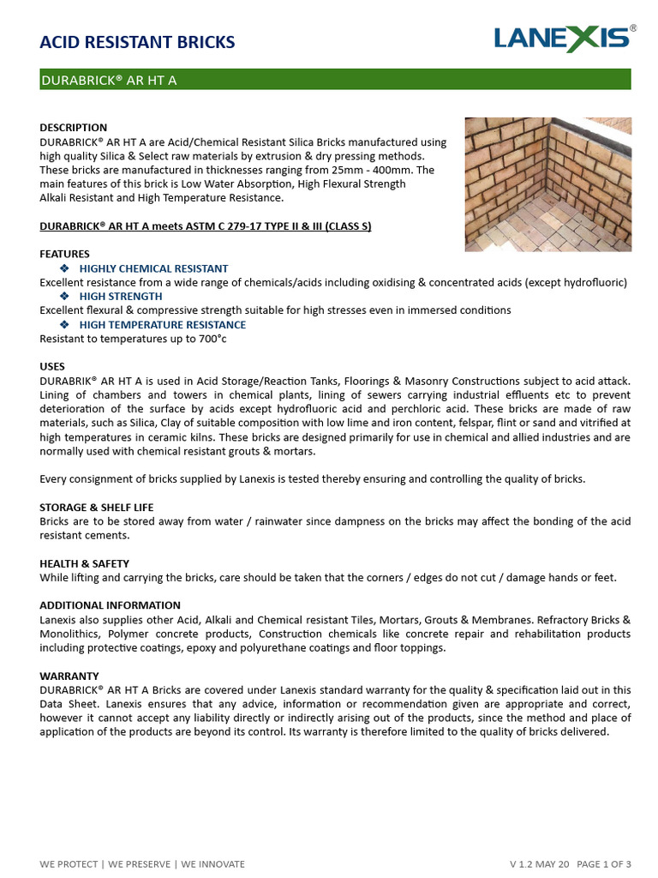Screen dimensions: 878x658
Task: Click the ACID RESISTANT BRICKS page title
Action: [137, 42]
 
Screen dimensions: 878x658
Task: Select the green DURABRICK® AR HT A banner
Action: [335, 81]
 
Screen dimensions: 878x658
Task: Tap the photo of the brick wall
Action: [547, 184]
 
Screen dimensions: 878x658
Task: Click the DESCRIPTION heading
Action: [74, 128]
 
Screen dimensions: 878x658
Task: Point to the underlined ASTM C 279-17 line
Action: [206, 226]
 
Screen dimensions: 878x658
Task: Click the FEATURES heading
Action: [64, 255]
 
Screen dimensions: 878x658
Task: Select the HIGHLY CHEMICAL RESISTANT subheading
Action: [153, 268]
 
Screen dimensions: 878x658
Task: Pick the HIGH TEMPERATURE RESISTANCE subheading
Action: [162, 325]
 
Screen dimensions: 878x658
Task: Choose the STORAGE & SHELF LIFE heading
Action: [97, 508]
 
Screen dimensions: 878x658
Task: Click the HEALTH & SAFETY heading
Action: [85, 563]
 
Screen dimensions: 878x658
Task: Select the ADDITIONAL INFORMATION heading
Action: [110, 605]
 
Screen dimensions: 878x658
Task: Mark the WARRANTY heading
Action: [69, 676]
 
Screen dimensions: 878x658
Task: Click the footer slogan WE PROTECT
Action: [70, 863]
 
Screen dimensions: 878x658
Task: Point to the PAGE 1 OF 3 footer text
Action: [603, 863]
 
